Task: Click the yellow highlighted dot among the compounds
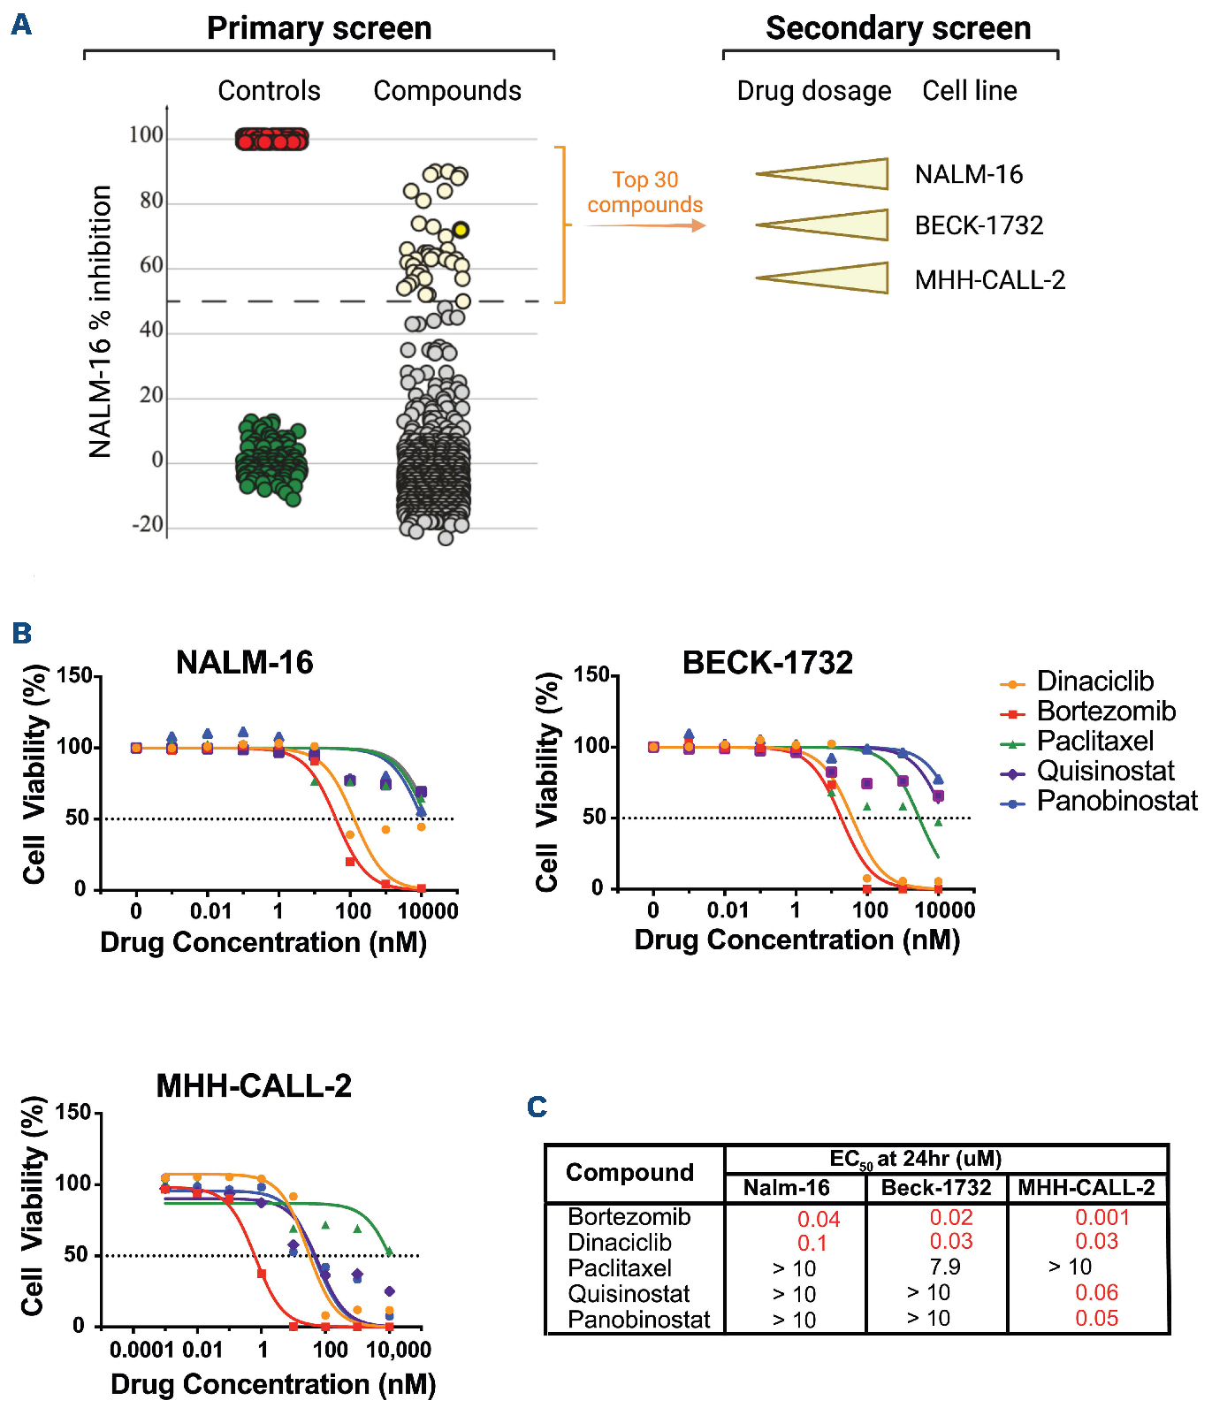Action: (461, 230)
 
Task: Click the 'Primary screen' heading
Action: (319, 28)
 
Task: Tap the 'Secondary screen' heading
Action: (898, 28)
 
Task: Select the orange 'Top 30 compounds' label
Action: (645, 193)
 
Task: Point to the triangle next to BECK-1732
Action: (823, 225)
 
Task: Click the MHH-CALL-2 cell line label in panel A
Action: (990, 280)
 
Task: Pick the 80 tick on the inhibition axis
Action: (151, 202)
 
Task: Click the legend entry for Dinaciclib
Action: (1094, 681)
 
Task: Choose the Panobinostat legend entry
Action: (1117, 801)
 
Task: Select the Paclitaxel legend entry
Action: (1094, 741)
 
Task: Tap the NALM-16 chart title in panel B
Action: (245, 663)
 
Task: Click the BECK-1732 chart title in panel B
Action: (767, 663)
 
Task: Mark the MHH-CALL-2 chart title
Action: (254, 1085)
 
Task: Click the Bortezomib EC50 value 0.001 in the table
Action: (1101, 1217)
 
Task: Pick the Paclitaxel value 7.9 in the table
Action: (944, 1267)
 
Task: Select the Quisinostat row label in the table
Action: (629, 1294)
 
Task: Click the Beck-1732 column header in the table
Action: (936, 1187)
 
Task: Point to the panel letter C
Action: (537, 1107)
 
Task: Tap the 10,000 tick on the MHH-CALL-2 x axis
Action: (399, 1350)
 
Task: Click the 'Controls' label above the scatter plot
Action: (269, 91)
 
